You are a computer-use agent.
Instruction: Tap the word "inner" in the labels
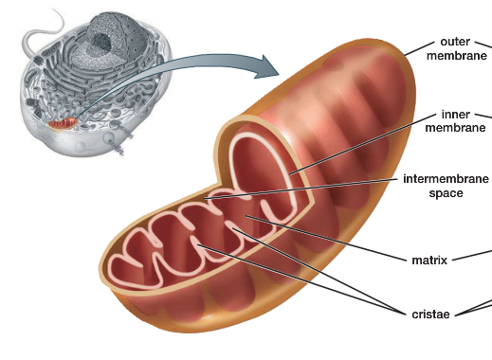[456, 115]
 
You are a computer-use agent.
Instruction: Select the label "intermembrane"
[446, 178]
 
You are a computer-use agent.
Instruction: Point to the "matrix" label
[428, 260]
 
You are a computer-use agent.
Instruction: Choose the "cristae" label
[431, 314]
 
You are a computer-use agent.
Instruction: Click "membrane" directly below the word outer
[456, 56]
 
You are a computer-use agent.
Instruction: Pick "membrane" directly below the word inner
[455, 129]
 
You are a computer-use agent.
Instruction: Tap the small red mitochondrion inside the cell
[64, 122]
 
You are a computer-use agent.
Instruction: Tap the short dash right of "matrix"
[462, 259]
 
